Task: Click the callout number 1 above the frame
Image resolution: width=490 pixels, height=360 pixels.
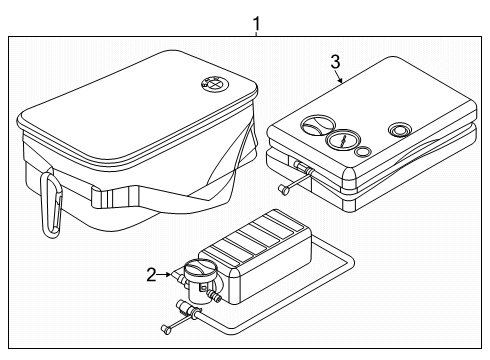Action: pyautogui.click(x=256, y=24)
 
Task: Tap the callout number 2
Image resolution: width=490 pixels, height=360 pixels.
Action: pyautogui.click(x=152, y=275)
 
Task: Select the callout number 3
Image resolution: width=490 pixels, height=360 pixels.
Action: pyautogui.click(x=335, y=62)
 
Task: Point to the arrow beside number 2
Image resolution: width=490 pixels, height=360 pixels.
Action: pyautogui.click(x=164, y=274)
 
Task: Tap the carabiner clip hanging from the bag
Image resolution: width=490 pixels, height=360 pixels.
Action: pyautogui.click(x=51, y=205)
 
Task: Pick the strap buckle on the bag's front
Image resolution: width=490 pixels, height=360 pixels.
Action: pyautogui.click(x=115, y=198)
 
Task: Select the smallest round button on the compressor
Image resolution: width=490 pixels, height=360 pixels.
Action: pyautogui.click(x=363, y=152)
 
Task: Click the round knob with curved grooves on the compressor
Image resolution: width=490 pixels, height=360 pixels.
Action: pyautogui.click(x=318, y=126)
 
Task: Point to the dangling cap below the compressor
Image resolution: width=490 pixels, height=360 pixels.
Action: pyautogui.click(x=284, y=190)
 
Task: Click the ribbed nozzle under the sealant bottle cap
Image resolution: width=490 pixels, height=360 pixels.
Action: pyautogui.click(x=214, y=295)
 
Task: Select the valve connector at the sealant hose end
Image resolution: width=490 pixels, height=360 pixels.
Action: pyautogui.click(x=189, y=308)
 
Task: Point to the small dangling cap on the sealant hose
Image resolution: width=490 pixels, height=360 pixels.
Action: pyautogui.click(x=165, y=329)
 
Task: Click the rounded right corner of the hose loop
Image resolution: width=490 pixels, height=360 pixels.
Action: pyautogui.click(x=349, y=262)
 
